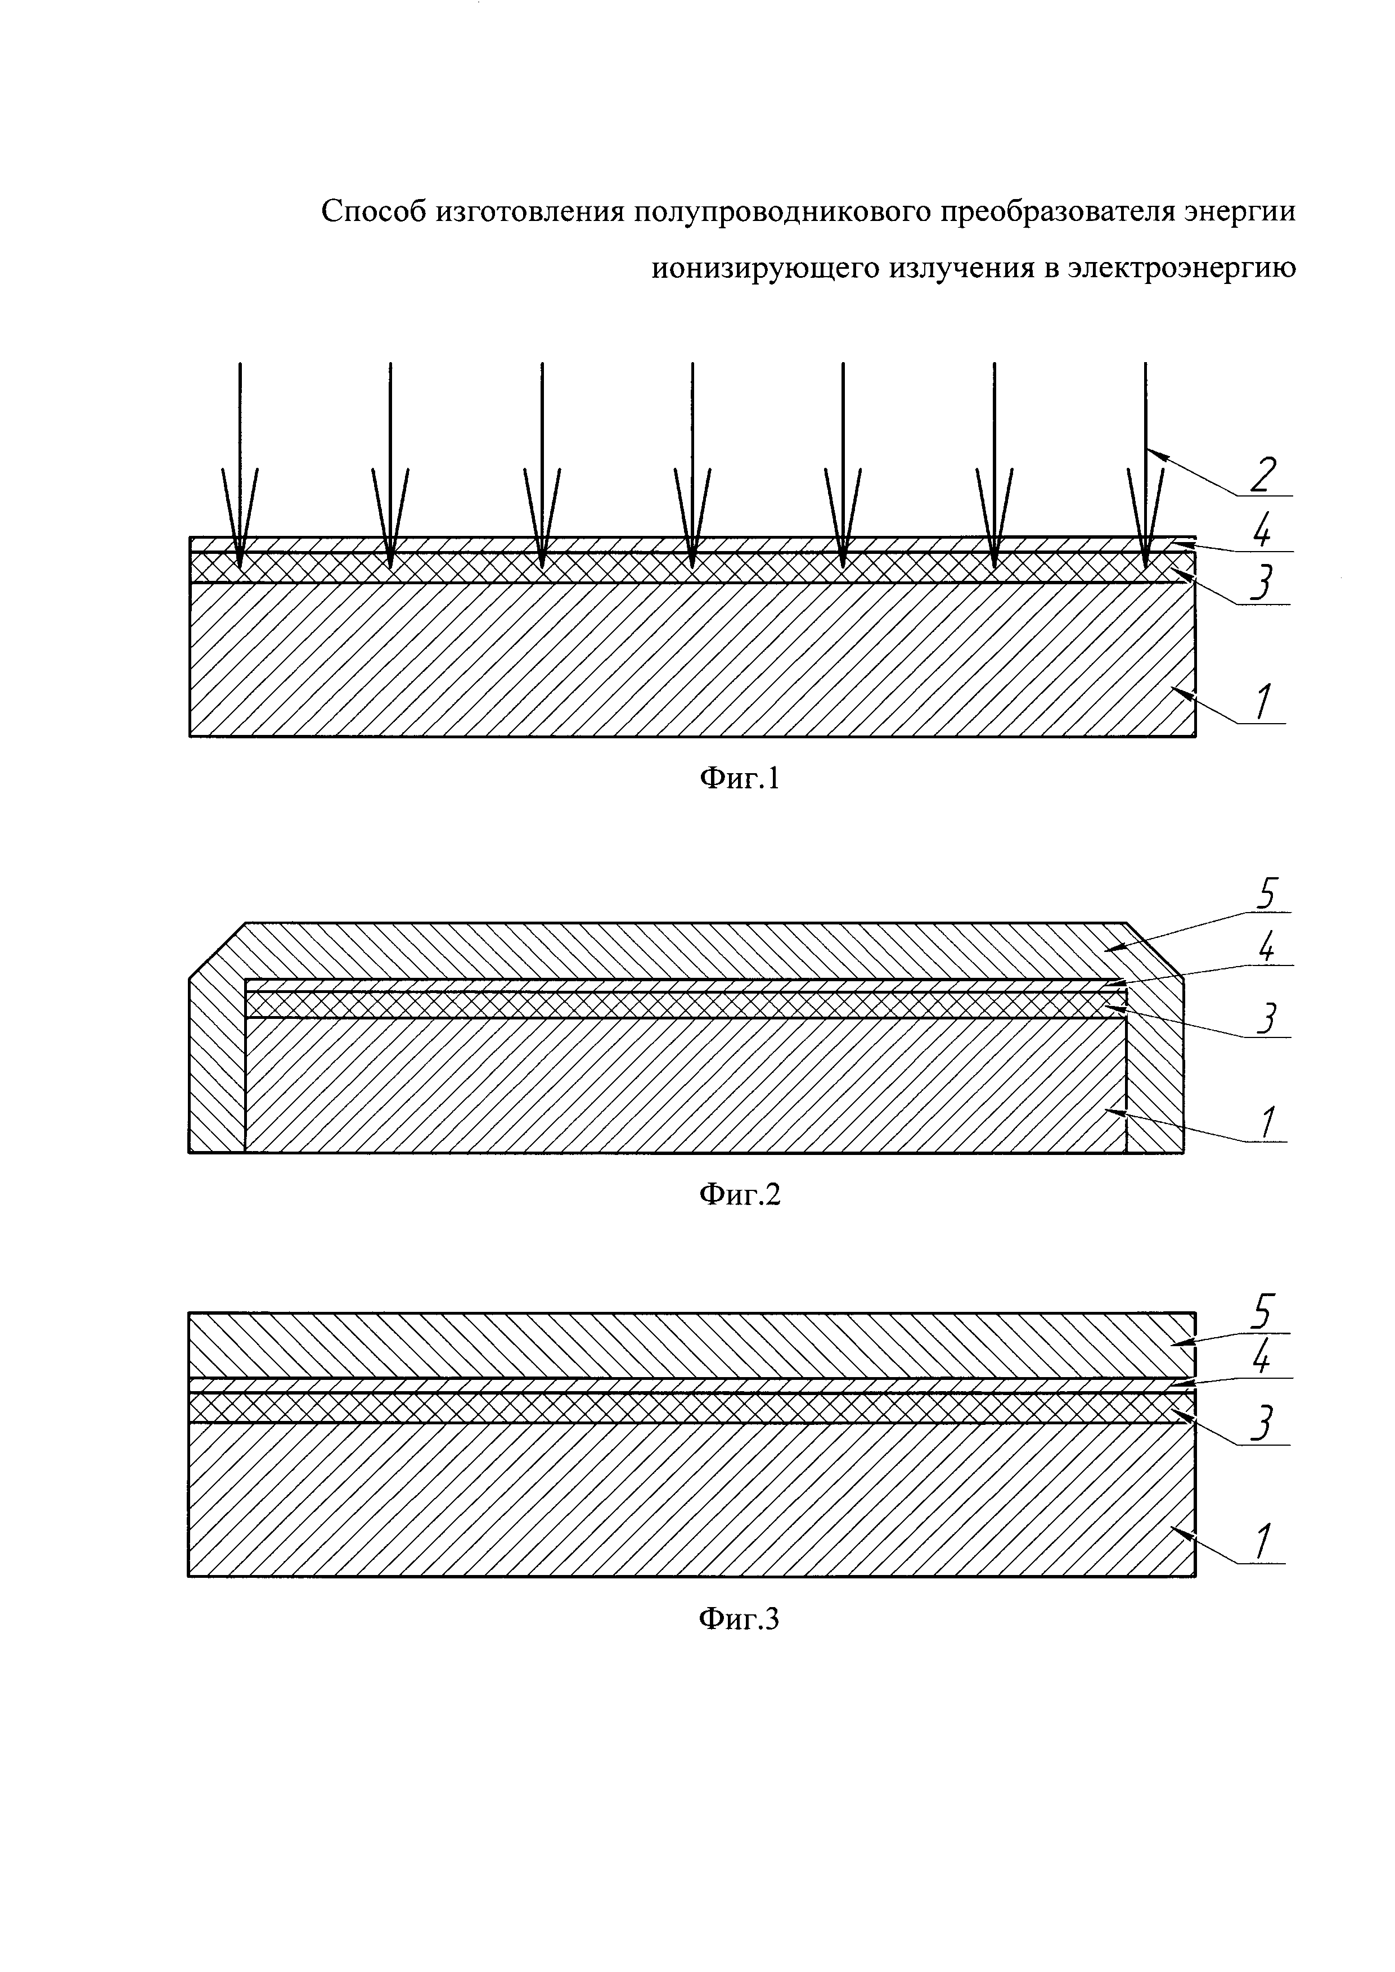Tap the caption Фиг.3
coord(739,1618)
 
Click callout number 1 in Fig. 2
coord(1264,1122)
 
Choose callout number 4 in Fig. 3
coord(1261,1383)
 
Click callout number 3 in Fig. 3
coord(1261,1426)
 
